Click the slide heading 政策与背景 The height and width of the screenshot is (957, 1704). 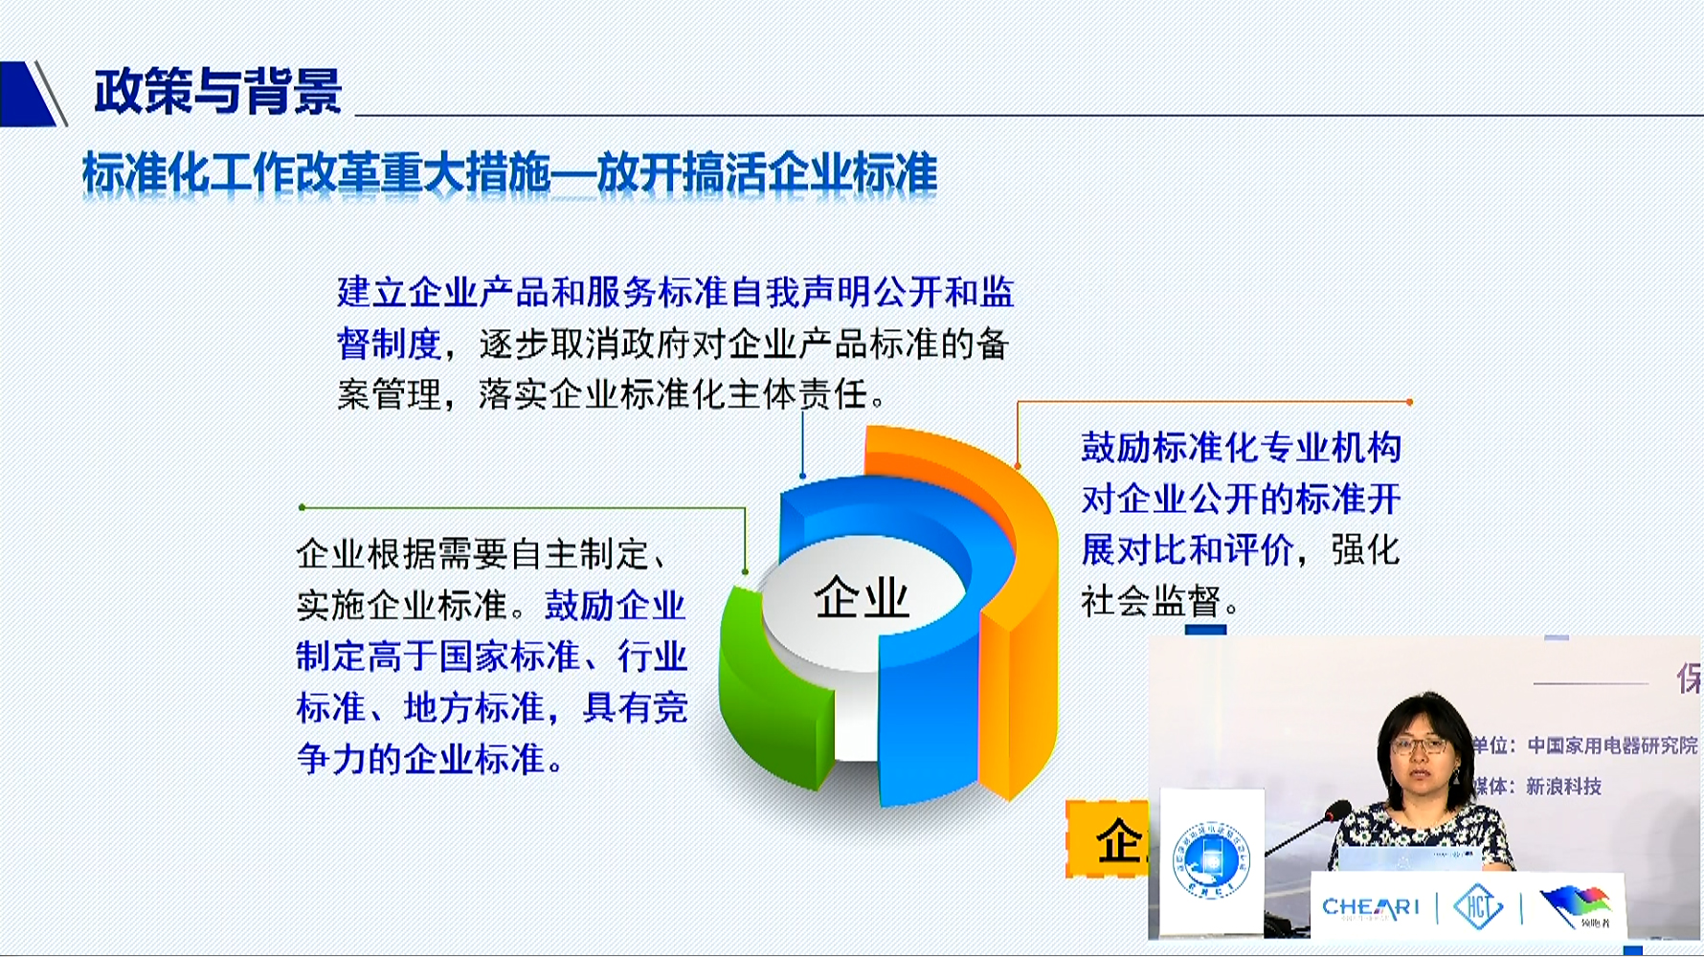click(x=217, y=92)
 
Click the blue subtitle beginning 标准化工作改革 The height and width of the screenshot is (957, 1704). click(x=509, y=173)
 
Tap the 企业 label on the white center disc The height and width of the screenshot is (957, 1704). click(x=861, y=598)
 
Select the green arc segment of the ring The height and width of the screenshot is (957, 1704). click(x=771, y=689)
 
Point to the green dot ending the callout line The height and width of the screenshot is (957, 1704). click(x=302, y=507)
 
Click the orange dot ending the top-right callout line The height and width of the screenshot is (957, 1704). click(x=1409, y=402)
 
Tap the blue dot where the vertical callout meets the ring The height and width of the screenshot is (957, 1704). click(x=802, y=476)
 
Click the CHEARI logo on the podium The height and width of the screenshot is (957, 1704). click(x=1370, y=906)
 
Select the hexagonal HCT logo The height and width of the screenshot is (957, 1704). click(x=1478, y=905)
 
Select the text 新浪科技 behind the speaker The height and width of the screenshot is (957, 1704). click(x=1563, y=787)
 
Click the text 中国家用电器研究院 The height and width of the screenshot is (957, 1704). click(x=1612, y=746)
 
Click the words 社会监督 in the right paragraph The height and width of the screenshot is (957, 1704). click(x=1152, y=602)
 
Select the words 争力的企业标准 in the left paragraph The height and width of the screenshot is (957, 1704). click(x=421, y=759)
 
